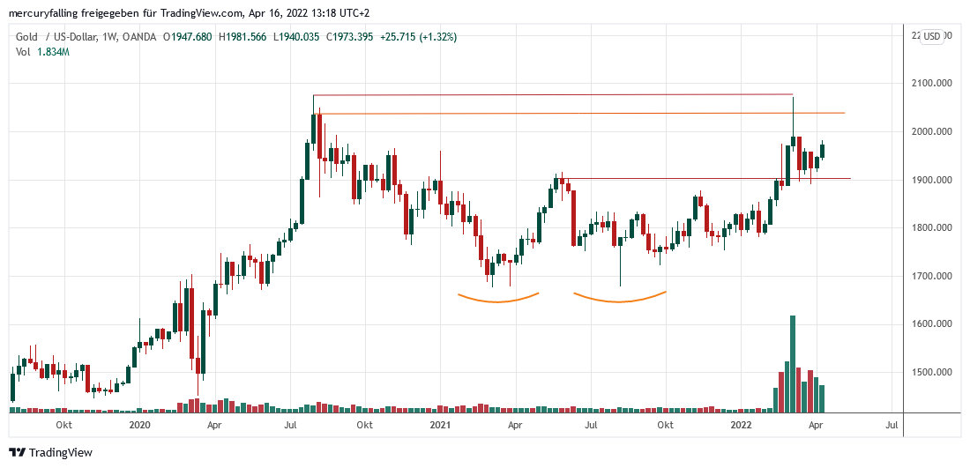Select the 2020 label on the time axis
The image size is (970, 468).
[139, 425]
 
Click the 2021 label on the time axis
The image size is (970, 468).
[441, 425]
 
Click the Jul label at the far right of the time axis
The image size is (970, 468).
[891, 425]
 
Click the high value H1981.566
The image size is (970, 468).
[243, 36]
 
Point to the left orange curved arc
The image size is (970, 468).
[497, 300]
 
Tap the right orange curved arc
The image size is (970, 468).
[620, 300]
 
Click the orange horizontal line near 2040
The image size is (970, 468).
[573, 114]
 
